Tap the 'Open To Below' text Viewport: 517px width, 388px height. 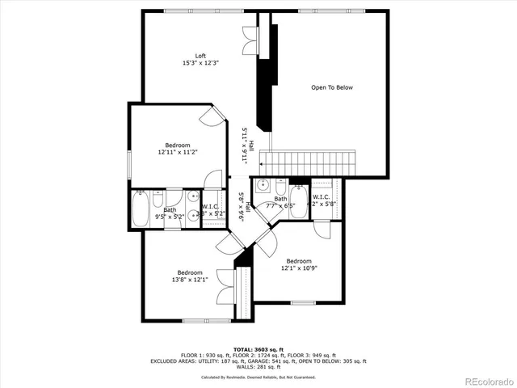(332, 87)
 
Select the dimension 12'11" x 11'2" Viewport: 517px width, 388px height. (178, 151)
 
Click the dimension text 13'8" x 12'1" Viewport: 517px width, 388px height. (190, 280)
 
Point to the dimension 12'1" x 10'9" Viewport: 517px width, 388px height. (298, 268)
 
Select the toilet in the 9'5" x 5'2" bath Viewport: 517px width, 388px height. (158, 199)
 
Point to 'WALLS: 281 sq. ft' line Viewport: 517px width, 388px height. (258, 368)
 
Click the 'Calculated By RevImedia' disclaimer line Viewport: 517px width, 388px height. (258, 377)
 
